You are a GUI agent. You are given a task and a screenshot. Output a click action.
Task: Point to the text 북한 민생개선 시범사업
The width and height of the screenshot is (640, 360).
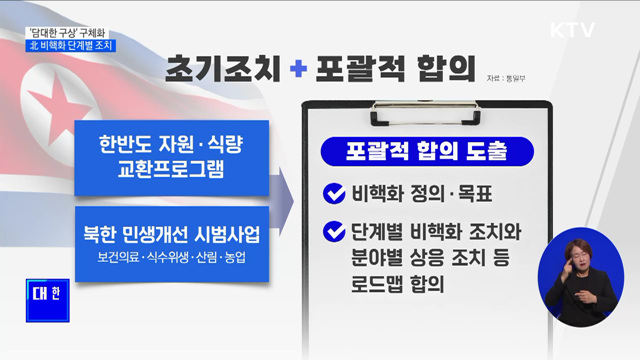173,237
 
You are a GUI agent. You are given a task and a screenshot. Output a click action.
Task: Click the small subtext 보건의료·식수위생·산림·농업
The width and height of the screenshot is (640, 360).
173,260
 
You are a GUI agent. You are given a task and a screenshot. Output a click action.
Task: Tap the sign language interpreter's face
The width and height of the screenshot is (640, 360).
579,253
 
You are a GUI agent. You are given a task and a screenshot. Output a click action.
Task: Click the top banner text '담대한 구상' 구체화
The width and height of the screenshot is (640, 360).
75,30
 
